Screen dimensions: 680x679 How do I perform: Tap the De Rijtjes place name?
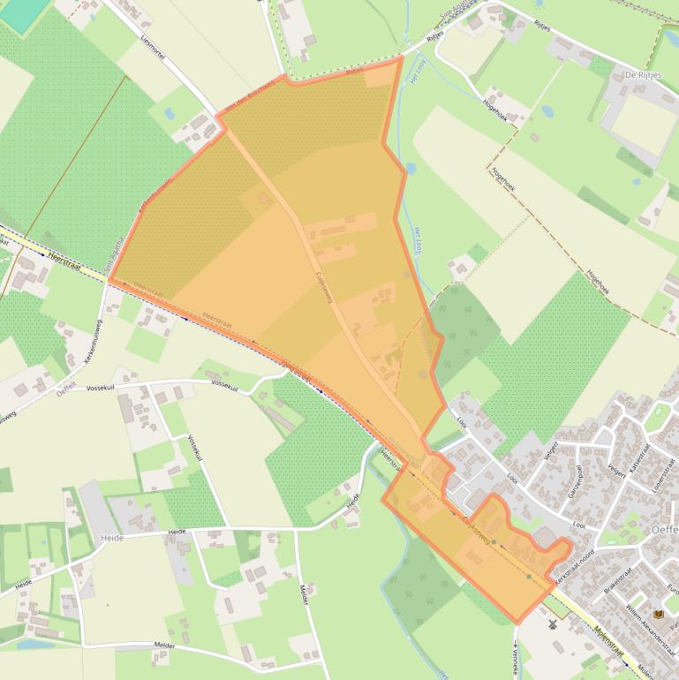(x=643, y=75)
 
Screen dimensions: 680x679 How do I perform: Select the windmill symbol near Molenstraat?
(x=553, y=623)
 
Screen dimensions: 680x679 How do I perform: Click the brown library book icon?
(x=658, y=615)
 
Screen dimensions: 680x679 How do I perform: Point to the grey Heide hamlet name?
(x=112, y=538)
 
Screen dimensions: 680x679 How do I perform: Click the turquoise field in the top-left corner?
(x=24, y=11)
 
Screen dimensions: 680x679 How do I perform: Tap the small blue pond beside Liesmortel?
(x=166, y=113)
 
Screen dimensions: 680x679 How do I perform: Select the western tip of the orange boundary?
(x=109, y=280)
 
